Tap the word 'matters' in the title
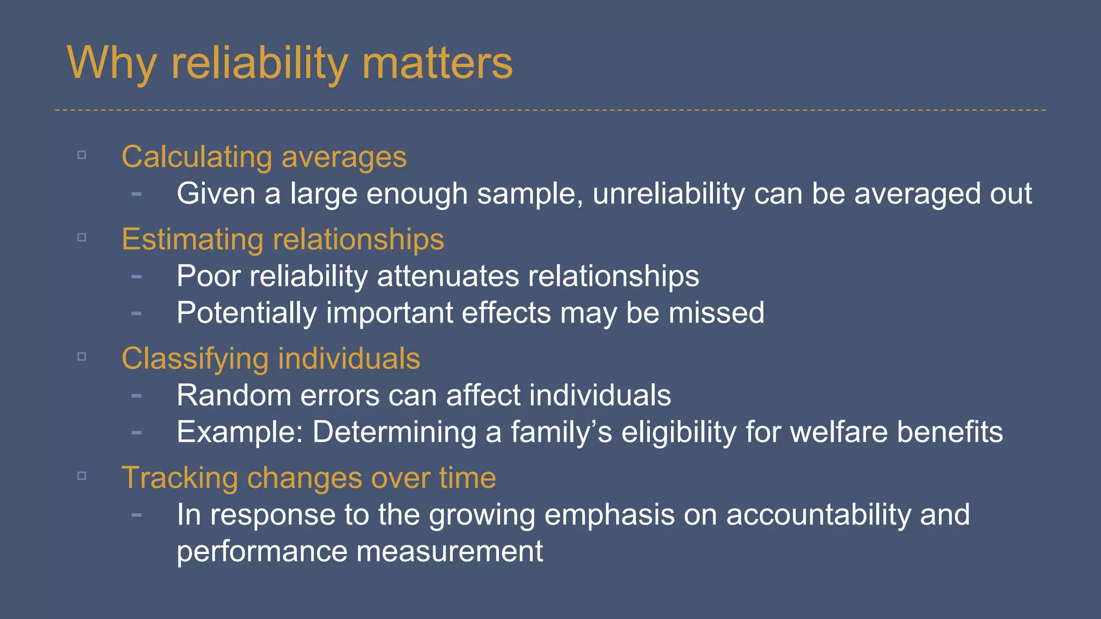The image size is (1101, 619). tap(437, 63)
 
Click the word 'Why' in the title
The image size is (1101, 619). tap(112, 63)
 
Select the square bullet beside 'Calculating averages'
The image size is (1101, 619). tap(82, 155)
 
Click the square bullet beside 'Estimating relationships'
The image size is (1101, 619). tap(82, 237)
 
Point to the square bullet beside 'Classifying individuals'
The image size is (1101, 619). tap(82, 357)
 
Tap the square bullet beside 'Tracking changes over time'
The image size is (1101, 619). tap(82, 476)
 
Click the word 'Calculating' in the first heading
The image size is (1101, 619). tap(197, 157)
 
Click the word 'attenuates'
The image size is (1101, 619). tap(448, 276)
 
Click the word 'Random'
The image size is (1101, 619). tap(234, 395)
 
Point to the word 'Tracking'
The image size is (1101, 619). tap(180, 478)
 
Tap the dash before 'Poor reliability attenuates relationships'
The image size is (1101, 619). tap(137, 277)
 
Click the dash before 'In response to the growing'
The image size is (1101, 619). tap(137, 515)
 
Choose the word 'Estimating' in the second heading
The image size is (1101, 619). tap(192, 239)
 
